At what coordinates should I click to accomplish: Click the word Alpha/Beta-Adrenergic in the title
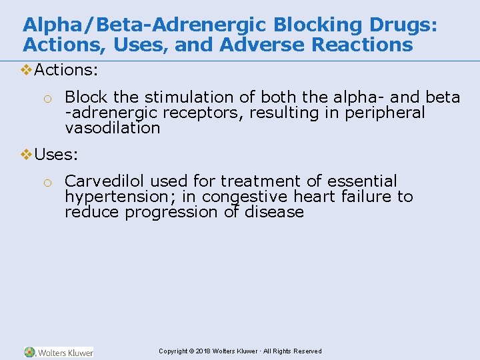[131, 25]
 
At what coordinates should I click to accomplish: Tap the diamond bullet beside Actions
[27, 69]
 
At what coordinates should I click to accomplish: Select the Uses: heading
[56, 155]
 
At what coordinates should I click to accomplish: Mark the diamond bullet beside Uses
[27, 155]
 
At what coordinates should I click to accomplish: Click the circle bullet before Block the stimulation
[47, 99]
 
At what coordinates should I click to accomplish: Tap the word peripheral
[385, 113]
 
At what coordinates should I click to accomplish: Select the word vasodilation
[113, 128]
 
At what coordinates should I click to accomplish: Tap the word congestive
[242, 197]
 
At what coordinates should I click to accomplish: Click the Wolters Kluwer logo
[59, 352]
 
